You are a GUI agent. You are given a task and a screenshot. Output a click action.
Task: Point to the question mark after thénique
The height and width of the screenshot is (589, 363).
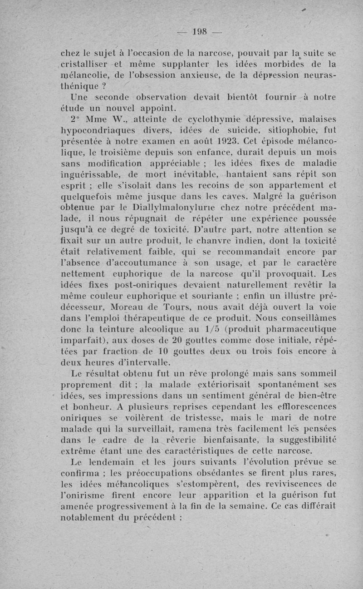pyautogui.click(x=106, y=86)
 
